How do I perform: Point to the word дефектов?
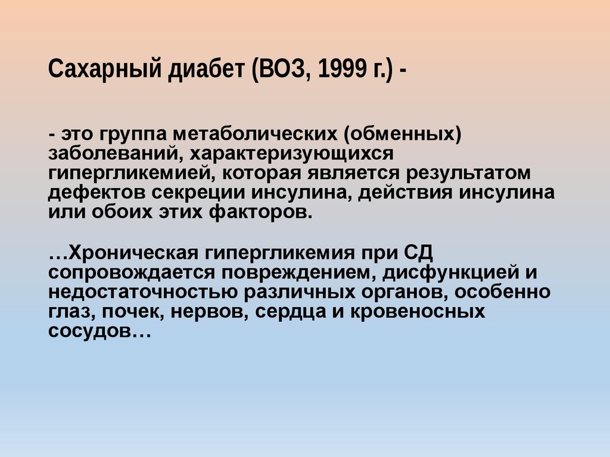point(95,193)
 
